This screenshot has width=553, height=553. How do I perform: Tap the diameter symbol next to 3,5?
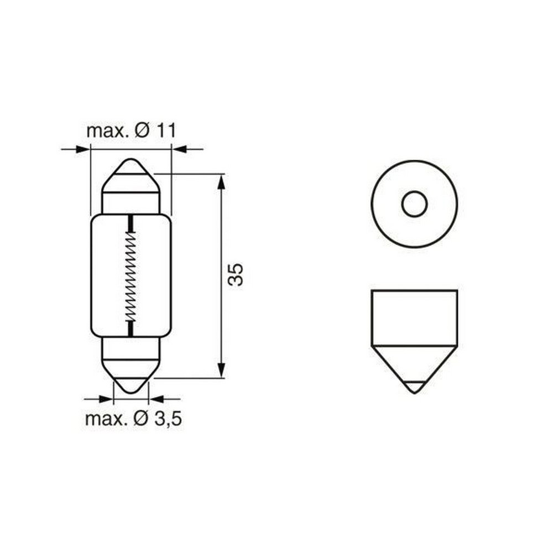[x=142, y=419]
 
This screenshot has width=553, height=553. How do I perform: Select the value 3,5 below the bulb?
[x=168, y=419]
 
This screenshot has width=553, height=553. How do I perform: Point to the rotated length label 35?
[x=236, y=275]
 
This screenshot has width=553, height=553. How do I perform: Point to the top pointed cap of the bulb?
[x=131, y=169]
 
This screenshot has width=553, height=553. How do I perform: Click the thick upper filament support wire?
[x=131, y=223]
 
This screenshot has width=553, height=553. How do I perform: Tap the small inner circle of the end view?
[x=414, y=205]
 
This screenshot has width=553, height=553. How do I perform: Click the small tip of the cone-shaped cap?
[x=414, y=387]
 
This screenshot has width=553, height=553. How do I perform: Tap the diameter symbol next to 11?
[x=142, y=131]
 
